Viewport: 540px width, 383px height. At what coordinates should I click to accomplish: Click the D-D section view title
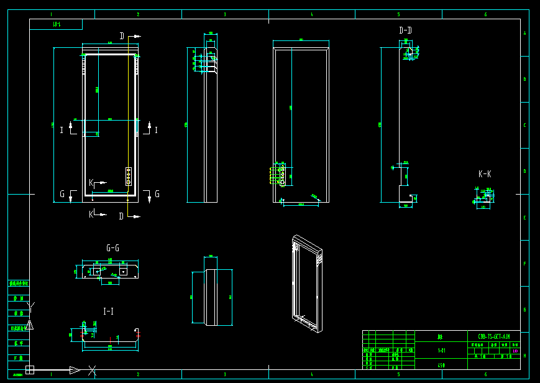pos(405,30)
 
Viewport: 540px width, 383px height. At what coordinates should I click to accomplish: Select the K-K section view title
pos(485,175)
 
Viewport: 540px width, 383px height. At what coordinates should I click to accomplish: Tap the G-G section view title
pos(112,248)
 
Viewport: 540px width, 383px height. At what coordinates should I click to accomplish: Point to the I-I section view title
pos(108,311)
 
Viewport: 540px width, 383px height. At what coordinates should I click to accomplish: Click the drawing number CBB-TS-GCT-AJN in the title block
pos(494,336)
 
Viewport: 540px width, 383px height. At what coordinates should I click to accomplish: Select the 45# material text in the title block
pos(441,366)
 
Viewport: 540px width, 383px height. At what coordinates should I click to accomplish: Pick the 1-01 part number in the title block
pos(441,351)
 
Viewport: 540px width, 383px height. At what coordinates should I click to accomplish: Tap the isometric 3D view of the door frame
pos(307,283)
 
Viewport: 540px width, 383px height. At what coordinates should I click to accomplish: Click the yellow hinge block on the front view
pos(129,176)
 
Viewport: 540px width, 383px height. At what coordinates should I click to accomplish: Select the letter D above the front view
pos(122,36)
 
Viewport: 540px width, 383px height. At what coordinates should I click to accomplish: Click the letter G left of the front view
pos(62,195)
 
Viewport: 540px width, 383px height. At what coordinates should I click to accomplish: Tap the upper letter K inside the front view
pos(91,182)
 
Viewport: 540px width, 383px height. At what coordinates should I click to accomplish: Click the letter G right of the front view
pos(157,195)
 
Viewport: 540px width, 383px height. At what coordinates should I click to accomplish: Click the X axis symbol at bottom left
pos(92,371)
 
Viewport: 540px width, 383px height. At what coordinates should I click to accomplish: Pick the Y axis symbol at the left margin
pos(31,305)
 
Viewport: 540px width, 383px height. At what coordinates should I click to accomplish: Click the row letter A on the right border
pos(524,33)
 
